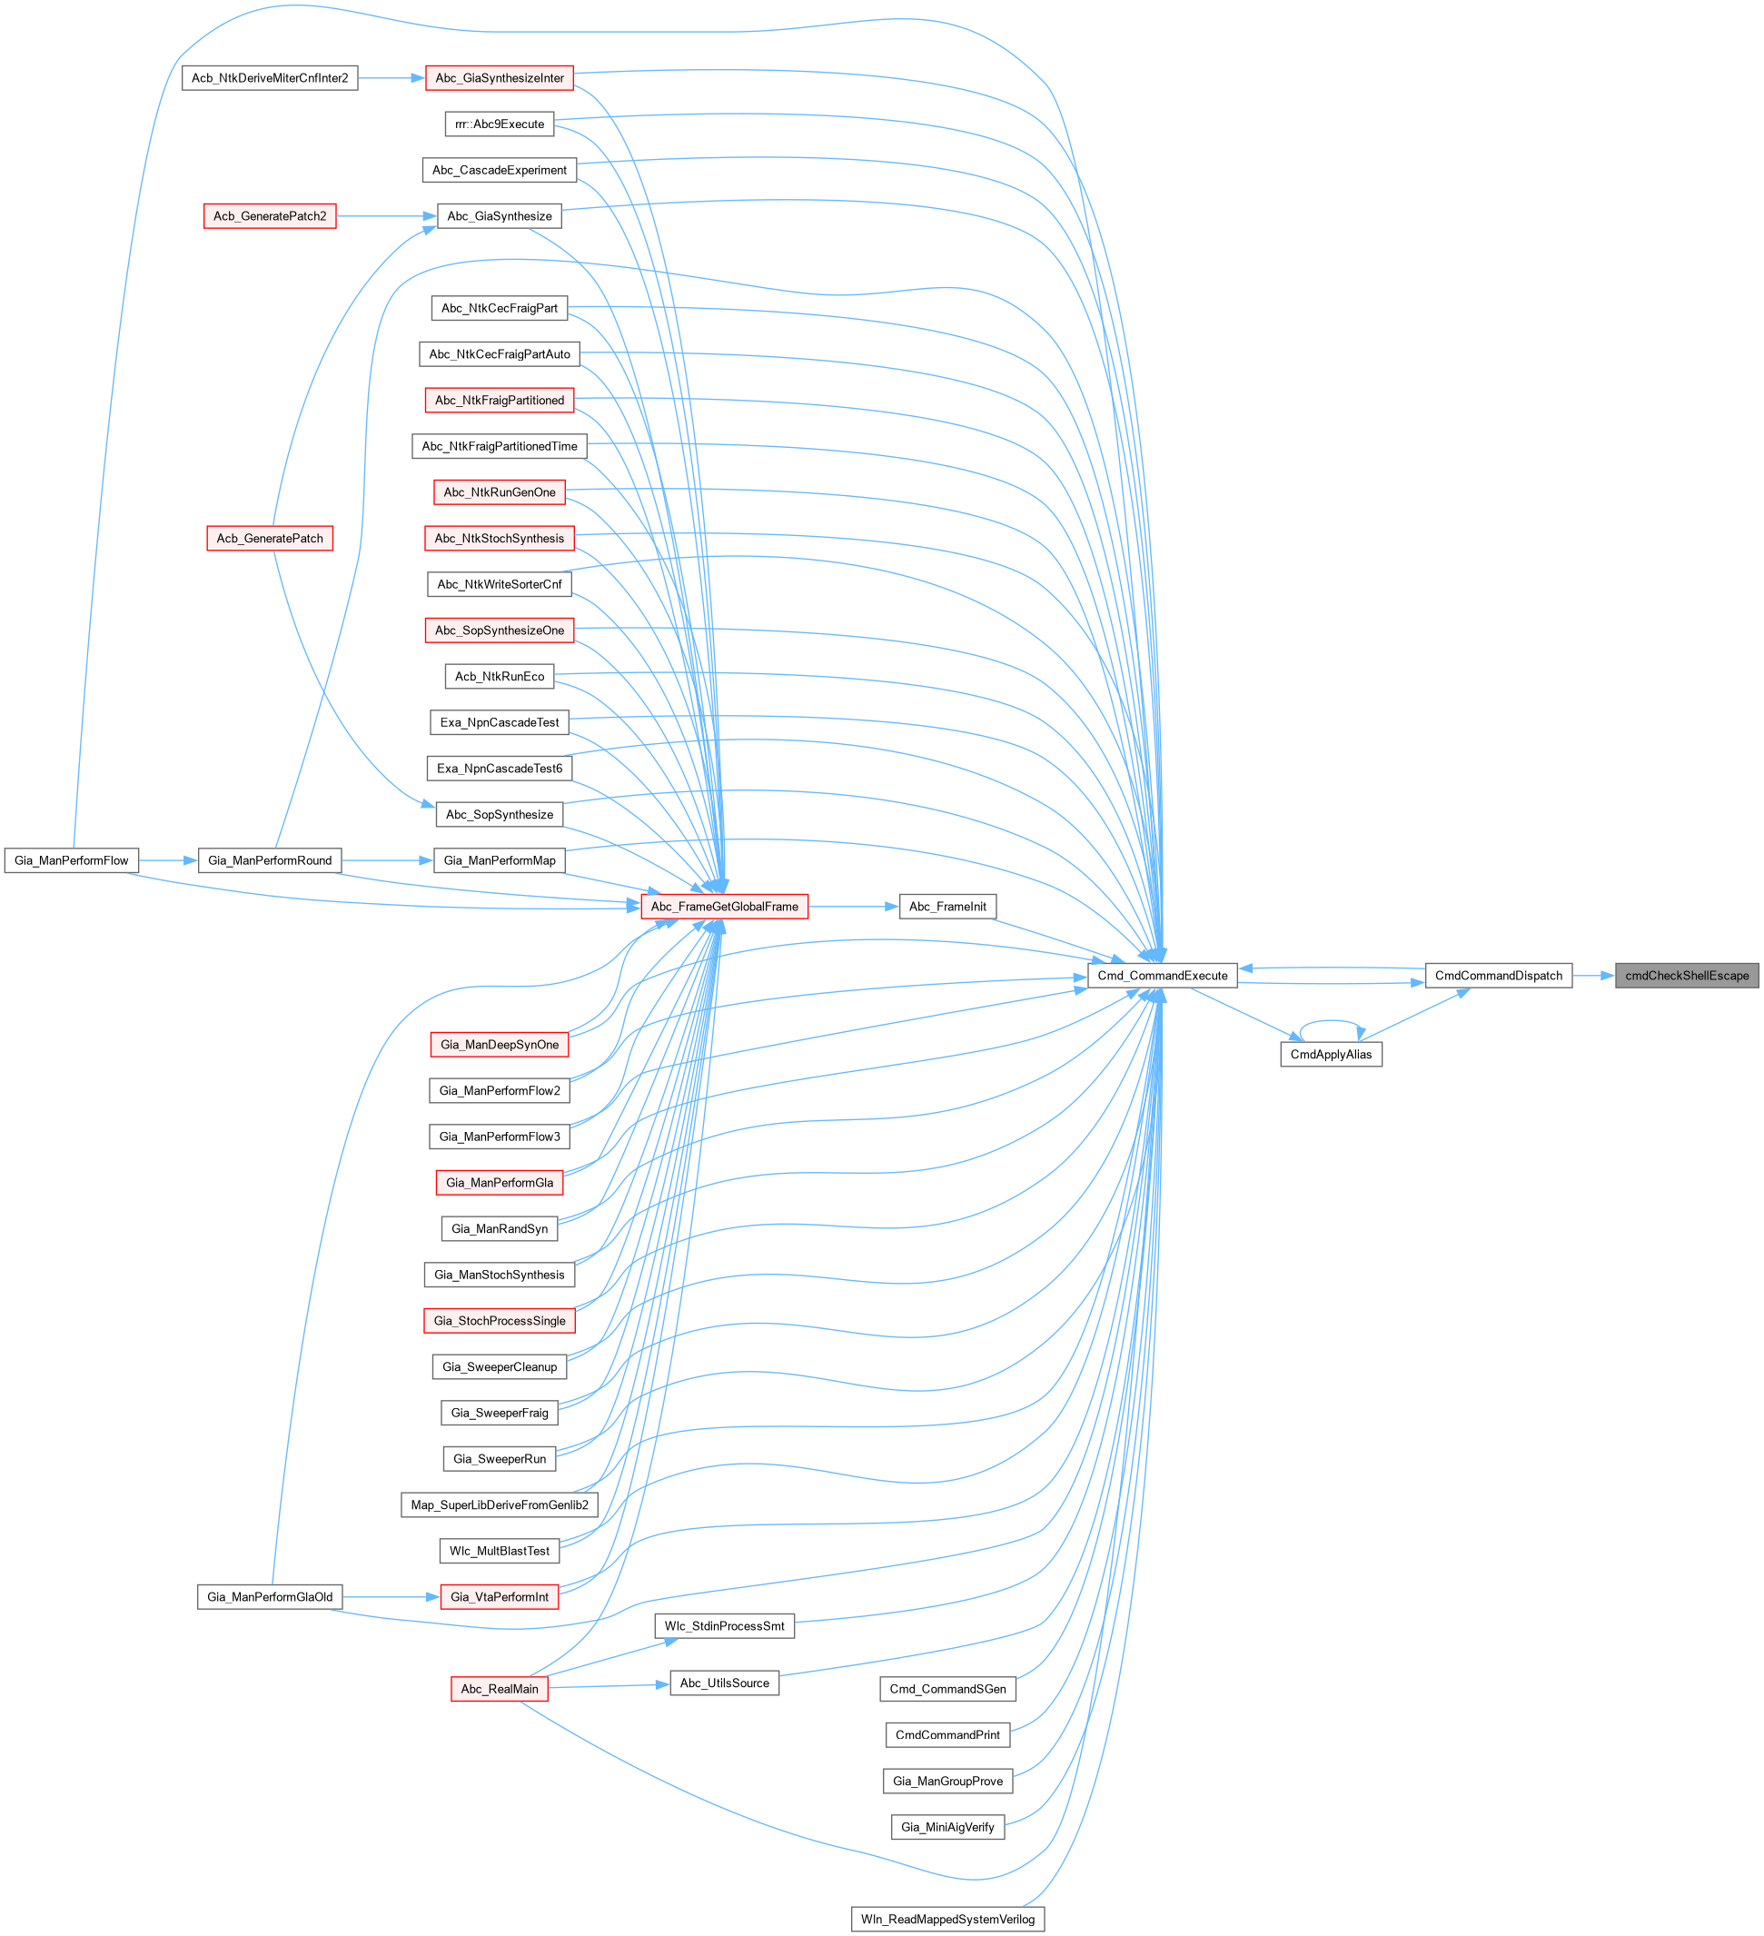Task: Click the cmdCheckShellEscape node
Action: pos(1686,976)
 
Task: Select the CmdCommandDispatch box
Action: pos(1498,976)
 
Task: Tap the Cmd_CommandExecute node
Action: pos(1162,976)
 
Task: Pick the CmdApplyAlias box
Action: pos(1331,1055)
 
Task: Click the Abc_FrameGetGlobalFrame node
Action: pos(724,907)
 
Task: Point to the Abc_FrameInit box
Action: pos(946,907)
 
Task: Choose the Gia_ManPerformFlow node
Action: pos(71,860)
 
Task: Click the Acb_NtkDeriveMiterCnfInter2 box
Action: pos(270,78)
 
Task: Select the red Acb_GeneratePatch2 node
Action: pos(270,216)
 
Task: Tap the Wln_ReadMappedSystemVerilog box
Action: pos(946,1920)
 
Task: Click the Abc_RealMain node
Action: pos(500,1689)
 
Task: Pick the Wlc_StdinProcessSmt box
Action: pos(724,1626)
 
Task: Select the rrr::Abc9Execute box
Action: pos(500,124)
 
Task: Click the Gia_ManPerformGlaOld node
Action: pos(270,1597)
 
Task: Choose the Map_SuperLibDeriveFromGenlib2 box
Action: pos(500,1504)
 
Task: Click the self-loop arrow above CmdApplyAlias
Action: pos(1331,1021)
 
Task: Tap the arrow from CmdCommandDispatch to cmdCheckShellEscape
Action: pos(1593,976)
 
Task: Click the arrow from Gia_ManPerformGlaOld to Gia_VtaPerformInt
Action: pos(390,1597)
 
